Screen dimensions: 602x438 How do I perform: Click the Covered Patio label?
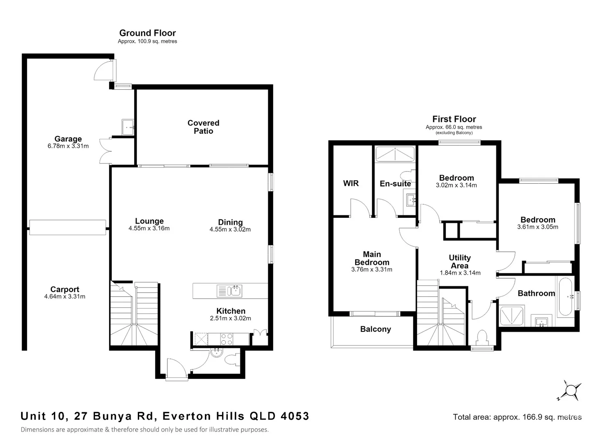tap(204, 127)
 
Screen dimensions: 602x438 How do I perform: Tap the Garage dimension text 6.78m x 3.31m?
tap(68, 146)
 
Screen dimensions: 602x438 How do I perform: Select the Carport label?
tap(65, 289)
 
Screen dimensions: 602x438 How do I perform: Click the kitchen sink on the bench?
tap(229, 291)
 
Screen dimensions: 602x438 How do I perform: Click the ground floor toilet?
tap(231, 360)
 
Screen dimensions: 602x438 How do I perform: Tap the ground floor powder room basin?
tap(216, 353)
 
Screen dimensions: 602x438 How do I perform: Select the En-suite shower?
tap(395, 154)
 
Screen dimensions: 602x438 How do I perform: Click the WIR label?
tap(351, 183)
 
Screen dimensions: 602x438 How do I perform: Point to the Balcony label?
tap(375, 329)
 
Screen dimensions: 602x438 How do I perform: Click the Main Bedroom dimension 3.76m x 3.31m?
tap(372, 269)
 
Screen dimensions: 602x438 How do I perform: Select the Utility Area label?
tap(460, 262)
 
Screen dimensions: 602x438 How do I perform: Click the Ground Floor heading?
tap(148, 33)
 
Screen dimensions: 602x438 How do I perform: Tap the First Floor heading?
tap(454, 119)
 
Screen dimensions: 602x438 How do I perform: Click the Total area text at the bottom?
tap(517, 417)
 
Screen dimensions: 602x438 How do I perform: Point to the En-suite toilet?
tap(408, 176)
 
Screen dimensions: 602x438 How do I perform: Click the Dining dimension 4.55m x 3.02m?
tap(230, 230)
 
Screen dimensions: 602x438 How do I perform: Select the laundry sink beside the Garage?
tap(128, 127)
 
